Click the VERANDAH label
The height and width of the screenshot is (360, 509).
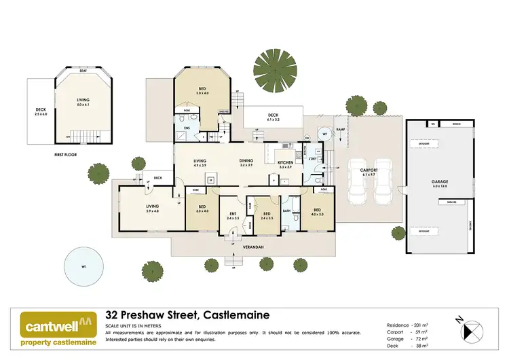coord(251,247)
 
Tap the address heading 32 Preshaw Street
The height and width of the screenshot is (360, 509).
coord(187,315)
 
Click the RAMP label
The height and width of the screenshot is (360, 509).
coord(341,128)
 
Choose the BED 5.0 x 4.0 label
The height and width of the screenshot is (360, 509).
coord(202,90)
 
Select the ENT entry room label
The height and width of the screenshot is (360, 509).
coord(232,215)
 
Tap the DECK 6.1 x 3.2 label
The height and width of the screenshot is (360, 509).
coord(274,117)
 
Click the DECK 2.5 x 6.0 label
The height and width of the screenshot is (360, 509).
coord(41,112)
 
